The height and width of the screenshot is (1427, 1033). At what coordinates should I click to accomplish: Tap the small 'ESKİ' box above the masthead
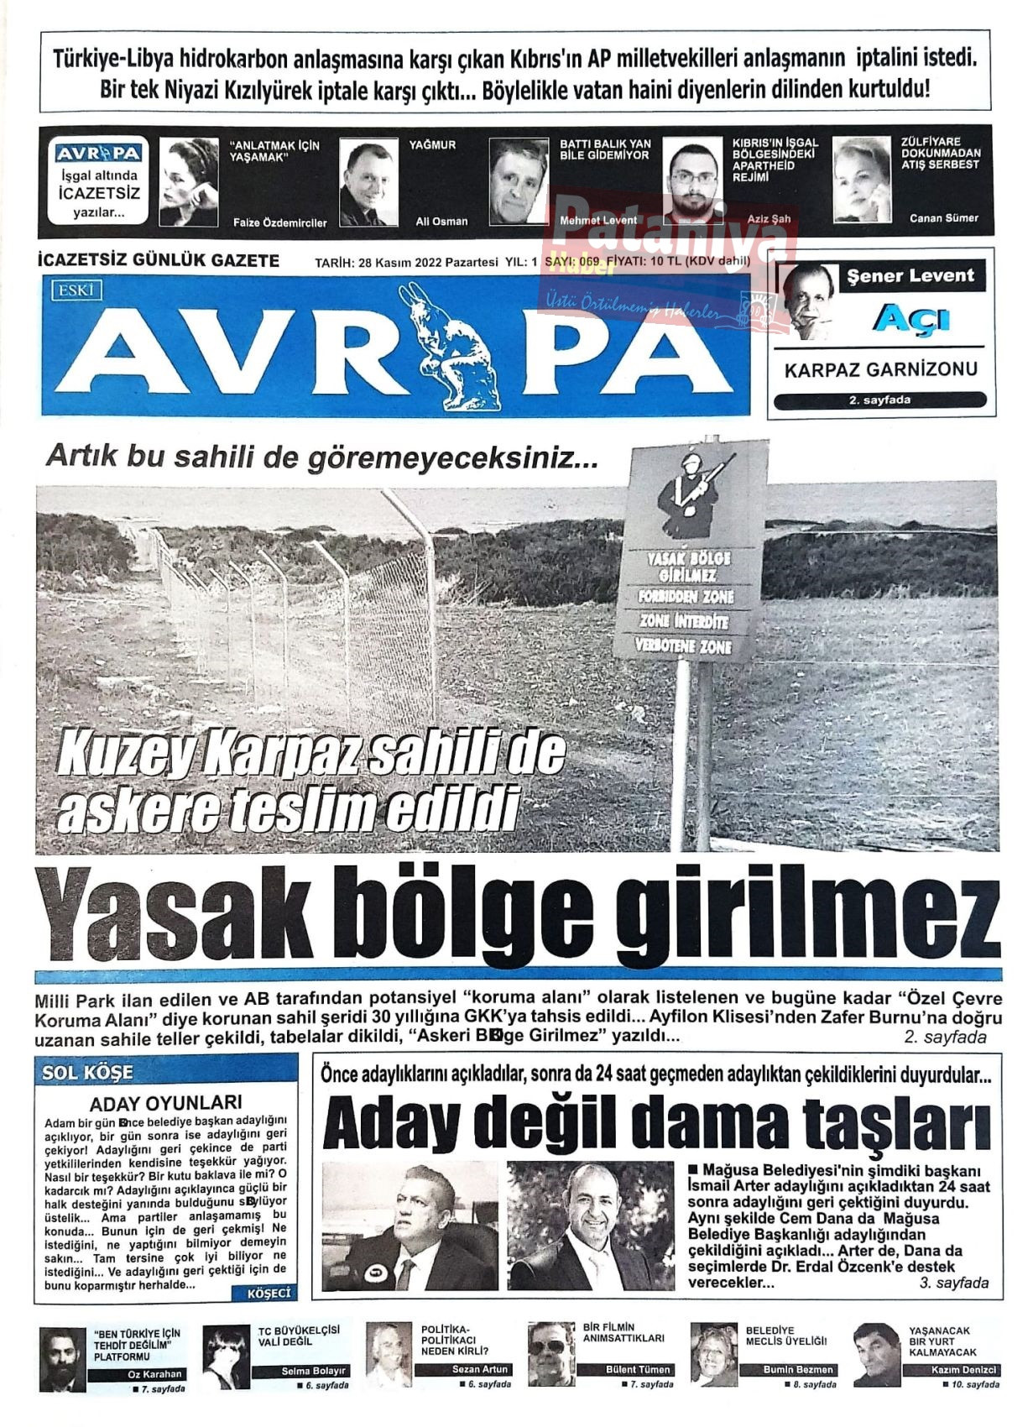(76, 291)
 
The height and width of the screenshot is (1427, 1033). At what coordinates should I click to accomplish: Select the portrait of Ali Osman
(368, 182)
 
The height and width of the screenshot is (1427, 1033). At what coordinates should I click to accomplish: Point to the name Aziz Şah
(769, 219)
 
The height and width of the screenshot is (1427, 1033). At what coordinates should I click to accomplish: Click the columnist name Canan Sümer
(943, 218)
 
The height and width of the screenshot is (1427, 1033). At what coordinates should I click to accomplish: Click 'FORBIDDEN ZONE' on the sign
(686, 597)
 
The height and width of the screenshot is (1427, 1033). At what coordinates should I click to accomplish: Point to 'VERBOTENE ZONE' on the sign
(685, 646)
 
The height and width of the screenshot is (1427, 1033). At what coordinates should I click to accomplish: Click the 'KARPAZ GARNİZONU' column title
(881, 369)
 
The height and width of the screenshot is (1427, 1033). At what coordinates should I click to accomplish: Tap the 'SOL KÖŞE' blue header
(88, 1072)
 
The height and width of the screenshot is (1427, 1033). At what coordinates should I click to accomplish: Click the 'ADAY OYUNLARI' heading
(165, 1103)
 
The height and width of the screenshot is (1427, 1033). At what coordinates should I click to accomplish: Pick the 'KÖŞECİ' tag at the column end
(269, 1294)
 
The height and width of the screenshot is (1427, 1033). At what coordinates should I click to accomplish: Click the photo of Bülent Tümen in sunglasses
(551, 1354)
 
